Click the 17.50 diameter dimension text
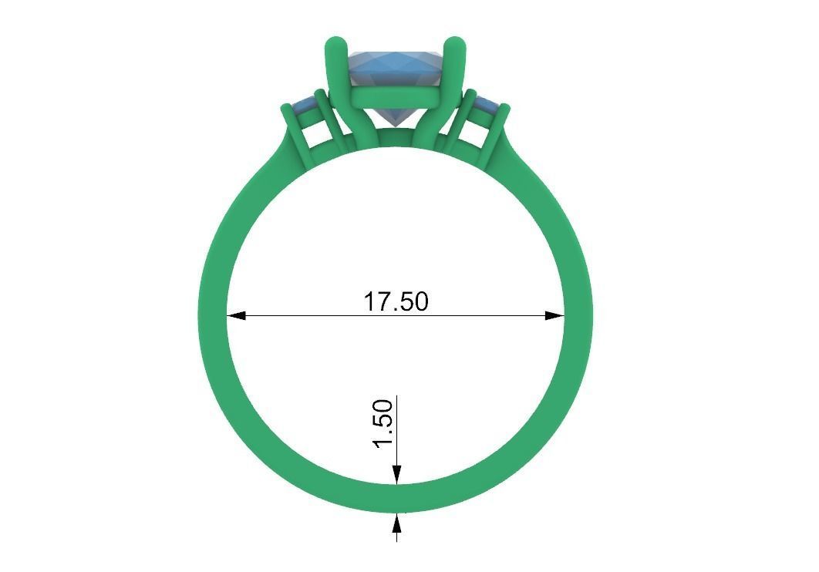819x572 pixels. pyautogui.click(x=396, y=301)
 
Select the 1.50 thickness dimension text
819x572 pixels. pyautogui.click(x=383, y=422)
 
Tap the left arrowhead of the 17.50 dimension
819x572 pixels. pyautogui.click(x=236, y=315)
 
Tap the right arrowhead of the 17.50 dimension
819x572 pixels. pyautogui.click(x=555, y=315)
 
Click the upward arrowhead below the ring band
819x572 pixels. pyautogui.click(x=396, y=523)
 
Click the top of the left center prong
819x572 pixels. pyautogui.click(x=333, y=45)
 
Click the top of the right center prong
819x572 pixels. pyautogui.click(x=457, y=45)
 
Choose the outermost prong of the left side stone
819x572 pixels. pyautogui.click(x=291, y=131)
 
